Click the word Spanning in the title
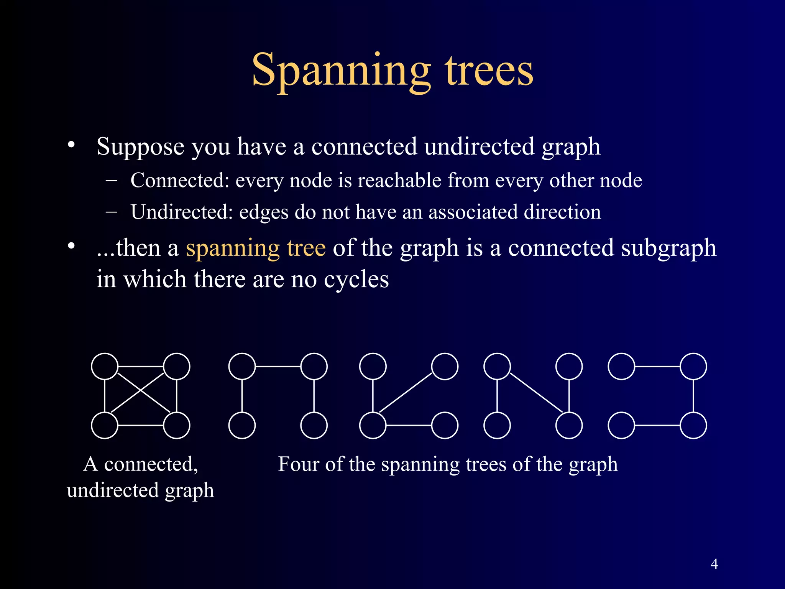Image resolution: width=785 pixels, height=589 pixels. (341, 71)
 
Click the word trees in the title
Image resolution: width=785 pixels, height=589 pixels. (489, 71)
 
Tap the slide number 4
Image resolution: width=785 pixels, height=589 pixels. (714, 564)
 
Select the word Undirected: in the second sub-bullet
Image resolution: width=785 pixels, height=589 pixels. (182, 212)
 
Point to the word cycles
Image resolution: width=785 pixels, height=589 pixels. (356, 279)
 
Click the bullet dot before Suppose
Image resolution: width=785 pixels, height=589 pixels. (71, 145)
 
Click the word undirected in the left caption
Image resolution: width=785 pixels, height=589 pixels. (113, 490)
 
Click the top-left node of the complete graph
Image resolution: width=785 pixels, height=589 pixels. (105, 367)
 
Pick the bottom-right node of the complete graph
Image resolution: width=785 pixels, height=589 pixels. (177, 425)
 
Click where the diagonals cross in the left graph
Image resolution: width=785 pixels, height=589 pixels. (141, 391)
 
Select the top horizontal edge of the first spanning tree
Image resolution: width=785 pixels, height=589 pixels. (278, 367)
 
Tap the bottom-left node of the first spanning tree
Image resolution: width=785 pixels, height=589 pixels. (242, 425)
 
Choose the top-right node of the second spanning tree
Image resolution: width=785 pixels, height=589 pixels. (445, 367)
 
